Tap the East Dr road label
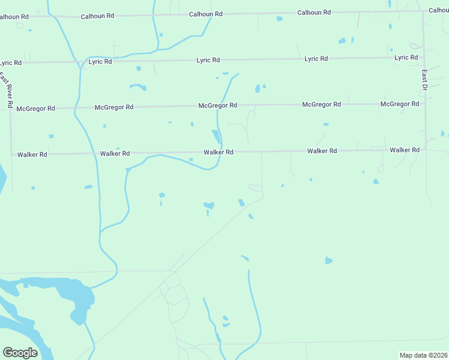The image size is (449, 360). pos(424,80)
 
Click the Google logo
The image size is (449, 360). pos(20,353)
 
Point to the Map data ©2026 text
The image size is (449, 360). pos(423,355)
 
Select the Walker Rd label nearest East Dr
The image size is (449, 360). pos(404,150)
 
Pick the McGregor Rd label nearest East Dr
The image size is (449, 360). pos(400,104)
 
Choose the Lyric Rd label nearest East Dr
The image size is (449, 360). pos(406,58)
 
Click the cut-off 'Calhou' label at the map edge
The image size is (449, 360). pos(438,10)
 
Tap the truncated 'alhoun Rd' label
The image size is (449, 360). pos(14,17)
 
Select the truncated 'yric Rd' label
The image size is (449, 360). pos(11,62)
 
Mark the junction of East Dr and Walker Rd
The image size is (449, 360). pos(425,149)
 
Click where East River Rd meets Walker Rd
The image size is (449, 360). pos(11,154)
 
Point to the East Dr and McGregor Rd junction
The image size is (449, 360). pos(424,103)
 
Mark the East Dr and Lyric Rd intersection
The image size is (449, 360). pos(424,57)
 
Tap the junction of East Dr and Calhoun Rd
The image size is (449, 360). pos(423,10)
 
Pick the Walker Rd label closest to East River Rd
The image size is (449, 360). pos(32,154)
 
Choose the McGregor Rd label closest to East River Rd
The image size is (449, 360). pos(35,109)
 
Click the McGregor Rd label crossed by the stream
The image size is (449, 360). pos(218,105)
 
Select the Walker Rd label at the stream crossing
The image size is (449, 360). pos(218,152)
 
